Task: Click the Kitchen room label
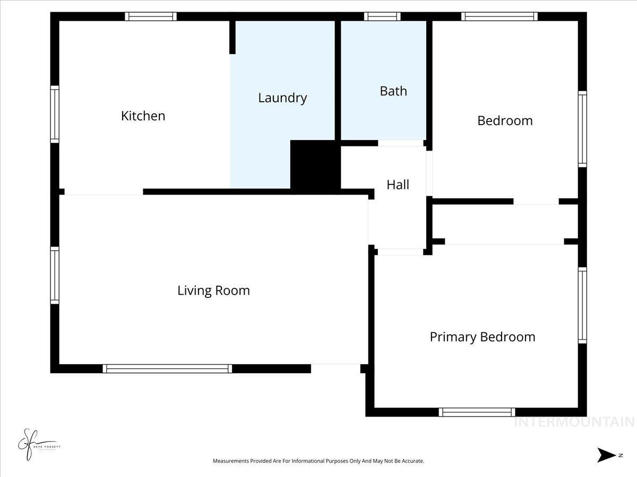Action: click(x=143, y=116)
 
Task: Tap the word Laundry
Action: click(x=282, y=98)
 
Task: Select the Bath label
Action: click(x=393, y=91)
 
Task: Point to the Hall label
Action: click(x=398, y=184)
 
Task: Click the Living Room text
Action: click(x=213, y=290)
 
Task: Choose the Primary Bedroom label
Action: click(x=482, y=337)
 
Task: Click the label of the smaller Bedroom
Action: click(x=504, y=121)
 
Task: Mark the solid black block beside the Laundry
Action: click(x=315, y=164)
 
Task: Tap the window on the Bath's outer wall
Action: click(x=382, y=16)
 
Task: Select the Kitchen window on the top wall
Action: click(x=151, y=16)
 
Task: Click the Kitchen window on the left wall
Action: click(x=55, y=114)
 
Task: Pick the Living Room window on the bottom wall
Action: click(x=167, y=368)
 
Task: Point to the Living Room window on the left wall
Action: click(x=55, y=275)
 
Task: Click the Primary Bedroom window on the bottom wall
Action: click(x=477, y=412)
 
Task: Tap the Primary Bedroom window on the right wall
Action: click(x=582, y=305)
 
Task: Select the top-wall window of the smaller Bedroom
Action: click(x=499, y=16)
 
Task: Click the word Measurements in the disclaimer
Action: click(x=231, y=461)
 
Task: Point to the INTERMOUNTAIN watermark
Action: click(x=574, y=422)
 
